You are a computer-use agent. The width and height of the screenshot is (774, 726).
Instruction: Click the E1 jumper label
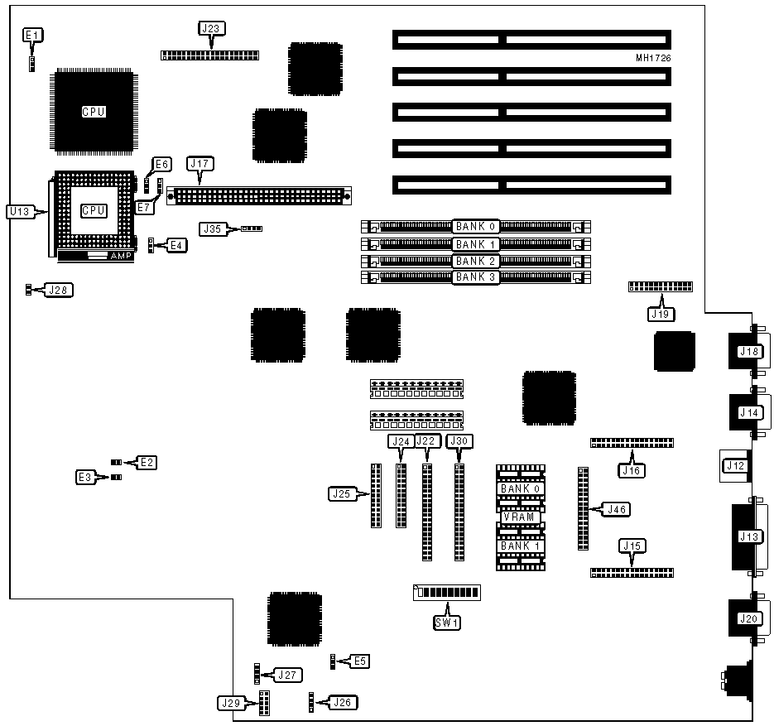[32, 35]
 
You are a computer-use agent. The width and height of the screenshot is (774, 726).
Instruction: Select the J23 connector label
[211, 28]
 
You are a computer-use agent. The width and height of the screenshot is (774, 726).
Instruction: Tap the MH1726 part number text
[652, 59]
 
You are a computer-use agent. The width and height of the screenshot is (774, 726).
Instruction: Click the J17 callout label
[200, 164]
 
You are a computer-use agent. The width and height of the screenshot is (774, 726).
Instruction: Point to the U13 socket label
[19, 212]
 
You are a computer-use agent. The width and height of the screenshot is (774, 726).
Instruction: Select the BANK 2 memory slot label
[475, 261]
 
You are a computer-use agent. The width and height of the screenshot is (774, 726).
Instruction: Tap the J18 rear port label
[748, 352]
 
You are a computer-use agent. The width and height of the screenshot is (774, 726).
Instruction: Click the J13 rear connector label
[748, 536]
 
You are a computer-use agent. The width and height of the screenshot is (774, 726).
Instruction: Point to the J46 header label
[616, 509]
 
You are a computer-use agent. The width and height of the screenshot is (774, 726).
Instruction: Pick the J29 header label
[229, 704]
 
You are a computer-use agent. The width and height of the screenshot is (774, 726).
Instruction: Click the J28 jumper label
[59, 290]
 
